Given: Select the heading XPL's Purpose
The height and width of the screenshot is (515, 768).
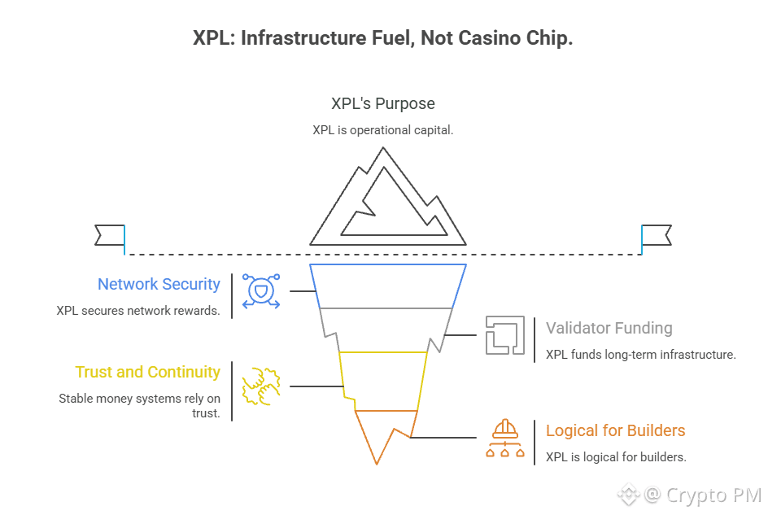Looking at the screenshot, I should click(382, 103).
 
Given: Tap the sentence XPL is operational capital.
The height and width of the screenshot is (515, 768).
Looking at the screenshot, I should click(382, 130).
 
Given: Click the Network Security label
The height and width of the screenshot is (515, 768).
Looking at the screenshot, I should click(159, 284).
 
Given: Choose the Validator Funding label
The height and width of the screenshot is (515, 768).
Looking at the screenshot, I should click(609, 328).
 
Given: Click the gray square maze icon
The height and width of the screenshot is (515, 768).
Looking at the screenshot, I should click(504, 334).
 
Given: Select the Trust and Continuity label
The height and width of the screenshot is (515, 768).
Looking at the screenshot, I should click(147, 372).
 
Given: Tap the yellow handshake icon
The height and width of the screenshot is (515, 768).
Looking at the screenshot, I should click(260, 385).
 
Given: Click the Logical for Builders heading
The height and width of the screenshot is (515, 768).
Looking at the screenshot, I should click(615, 430).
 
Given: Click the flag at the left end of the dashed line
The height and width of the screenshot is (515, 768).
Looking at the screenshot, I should click(110, 235).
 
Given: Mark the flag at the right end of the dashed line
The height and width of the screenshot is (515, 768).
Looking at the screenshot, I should click(656, 235).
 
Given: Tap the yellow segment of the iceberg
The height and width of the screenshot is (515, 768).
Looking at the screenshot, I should click(382, 380).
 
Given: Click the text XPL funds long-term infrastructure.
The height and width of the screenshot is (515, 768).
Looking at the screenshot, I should click(640, 355).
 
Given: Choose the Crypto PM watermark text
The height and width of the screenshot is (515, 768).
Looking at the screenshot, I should click(713, 494).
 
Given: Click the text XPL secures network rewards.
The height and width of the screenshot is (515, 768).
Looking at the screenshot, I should click(137, 310).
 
